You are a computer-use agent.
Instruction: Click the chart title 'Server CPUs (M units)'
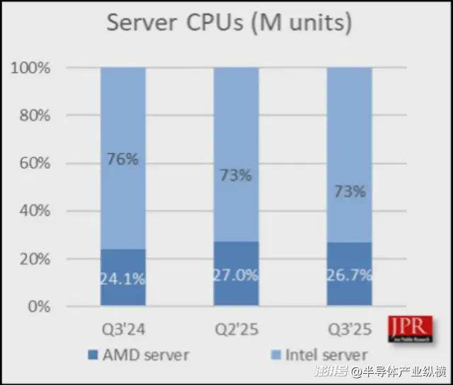pyautogui.click(x=229, y=23)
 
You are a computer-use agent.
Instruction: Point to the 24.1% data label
pyautogui.click(x=122, y=278)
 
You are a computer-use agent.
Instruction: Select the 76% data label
pyautogui.click(x=122, y=159)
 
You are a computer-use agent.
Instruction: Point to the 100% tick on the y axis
pyautogui.click(x=30, y=68)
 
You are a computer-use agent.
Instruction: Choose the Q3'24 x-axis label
pyautogui.click(x=123, y=329)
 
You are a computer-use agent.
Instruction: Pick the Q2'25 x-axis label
pyautogui.click(x=236, y=329)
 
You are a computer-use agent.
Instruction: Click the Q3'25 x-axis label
pyautogui.click(x=349, y=329)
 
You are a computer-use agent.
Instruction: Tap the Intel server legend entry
pyautogui.click(x=319, y=354)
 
